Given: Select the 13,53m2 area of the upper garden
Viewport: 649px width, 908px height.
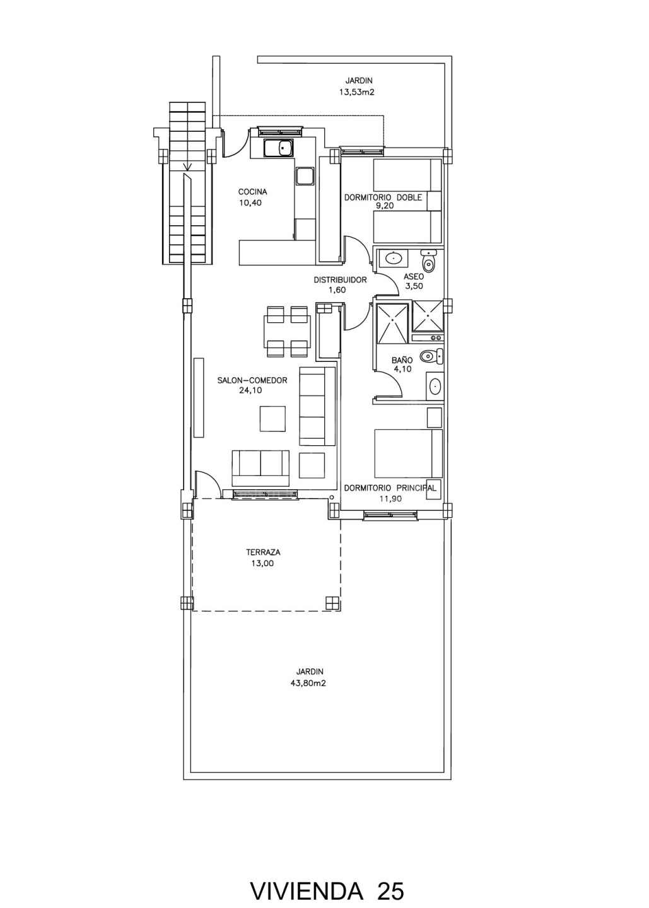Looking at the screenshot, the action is [x=356, y=92].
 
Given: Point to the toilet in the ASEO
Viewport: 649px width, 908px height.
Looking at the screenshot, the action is [x=428, y=260].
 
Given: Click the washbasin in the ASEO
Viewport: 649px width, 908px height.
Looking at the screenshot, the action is [x=392, y=257].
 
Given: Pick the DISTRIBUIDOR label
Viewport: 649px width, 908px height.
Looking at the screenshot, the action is [x=340, y=280].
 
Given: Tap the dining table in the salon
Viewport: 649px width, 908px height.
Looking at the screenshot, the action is [x=287, y=332].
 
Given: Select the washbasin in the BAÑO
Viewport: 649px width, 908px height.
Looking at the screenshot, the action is [x=435, y=387].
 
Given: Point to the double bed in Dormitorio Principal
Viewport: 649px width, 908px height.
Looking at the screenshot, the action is [x=408, y=453].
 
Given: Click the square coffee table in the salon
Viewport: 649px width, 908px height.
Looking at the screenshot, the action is [x=273, y=419].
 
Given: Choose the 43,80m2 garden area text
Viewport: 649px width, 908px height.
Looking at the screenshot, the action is [x=308, y=683].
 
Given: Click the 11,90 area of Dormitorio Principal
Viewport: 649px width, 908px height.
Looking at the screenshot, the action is [x=390, y=499].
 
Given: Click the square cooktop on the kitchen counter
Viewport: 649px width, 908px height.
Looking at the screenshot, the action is [x=305, y=175].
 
